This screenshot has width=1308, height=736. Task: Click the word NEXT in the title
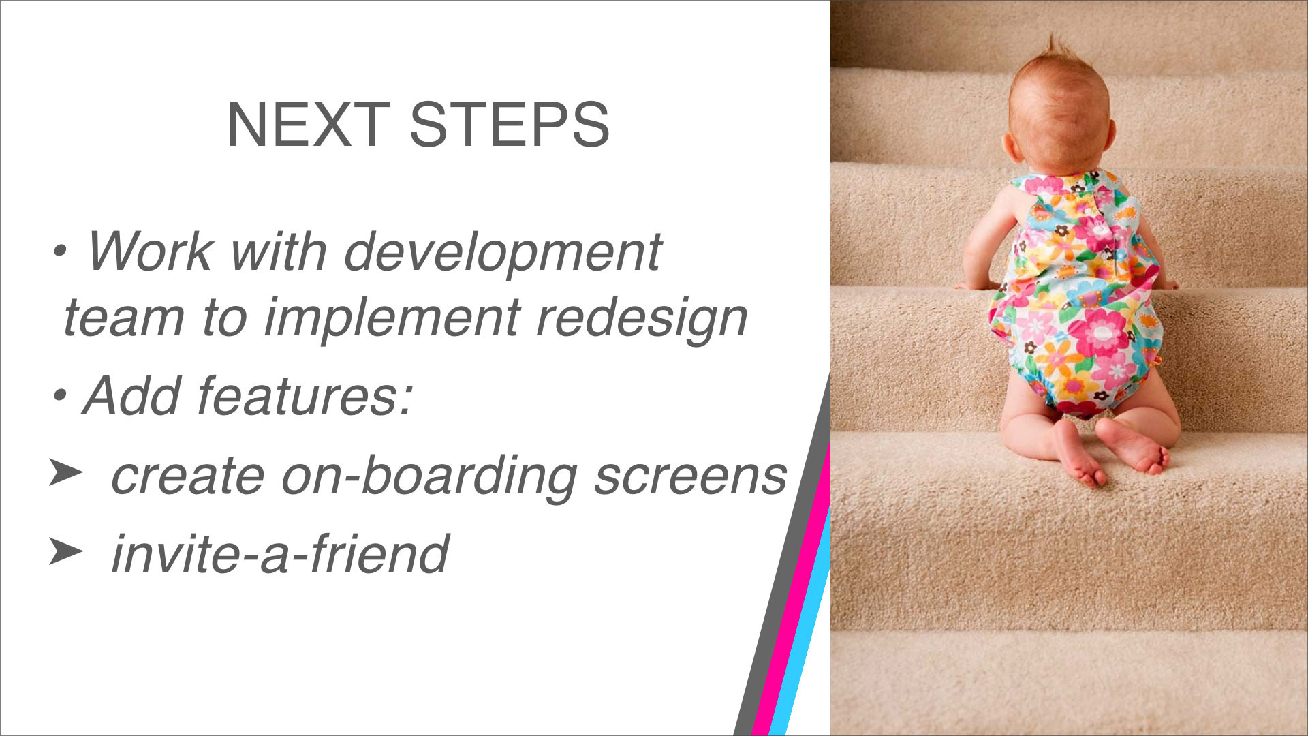point(308,124)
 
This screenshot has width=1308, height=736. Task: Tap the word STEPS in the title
point(509,124)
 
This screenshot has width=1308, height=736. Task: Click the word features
point(305,396)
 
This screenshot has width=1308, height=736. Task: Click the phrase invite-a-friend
point(279,553)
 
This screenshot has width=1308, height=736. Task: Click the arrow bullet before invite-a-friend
point(65,550)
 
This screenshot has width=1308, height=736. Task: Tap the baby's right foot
point(1132,446)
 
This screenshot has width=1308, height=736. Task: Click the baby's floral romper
point(1076,293)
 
